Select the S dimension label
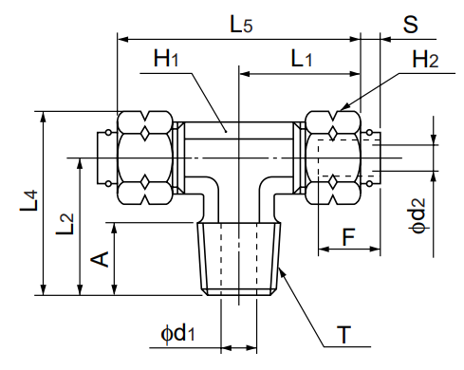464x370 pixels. [410, 24]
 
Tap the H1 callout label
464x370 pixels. [167, 59]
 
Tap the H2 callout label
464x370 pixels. [425, 61]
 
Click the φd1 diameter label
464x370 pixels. [177, 333]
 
